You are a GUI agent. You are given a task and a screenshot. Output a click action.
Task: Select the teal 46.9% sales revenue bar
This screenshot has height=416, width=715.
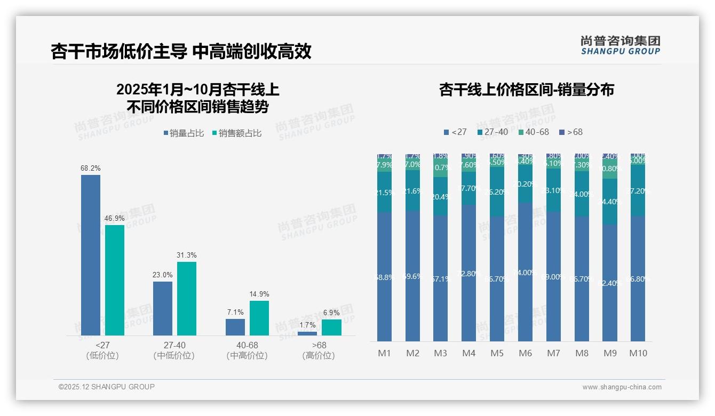(115, 280)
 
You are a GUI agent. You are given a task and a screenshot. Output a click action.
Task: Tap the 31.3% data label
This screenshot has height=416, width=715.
(186, 255)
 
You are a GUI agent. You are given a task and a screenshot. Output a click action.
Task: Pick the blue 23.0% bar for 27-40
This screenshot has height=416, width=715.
(163, 308)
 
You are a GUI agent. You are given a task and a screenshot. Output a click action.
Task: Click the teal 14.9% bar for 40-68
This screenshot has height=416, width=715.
(259, 318)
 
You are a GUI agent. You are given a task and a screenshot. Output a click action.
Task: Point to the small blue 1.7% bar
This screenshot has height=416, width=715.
(307, 333)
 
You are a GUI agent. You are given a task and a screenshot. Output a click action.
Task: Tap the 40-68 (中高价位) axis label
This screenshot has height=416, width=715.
(246, 350)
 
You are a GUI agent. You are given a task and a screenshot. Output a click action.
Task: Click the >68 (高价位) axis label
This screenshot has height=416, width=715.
(319, 350)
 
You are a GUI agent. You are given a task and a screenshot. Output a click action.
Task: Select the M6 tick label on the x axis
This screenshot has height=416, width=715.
(526, 353)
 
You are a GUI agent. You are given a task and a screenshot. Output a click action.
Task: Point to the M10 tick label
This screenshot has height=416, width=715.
(638, 353)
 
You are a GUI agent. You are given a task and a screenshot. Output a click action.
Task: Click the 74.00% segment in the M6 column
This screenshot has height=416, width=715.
(526, 272)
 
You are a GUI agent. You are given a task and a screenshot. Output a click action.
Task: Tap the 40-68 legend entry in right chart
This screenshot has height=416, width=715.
(533, 132)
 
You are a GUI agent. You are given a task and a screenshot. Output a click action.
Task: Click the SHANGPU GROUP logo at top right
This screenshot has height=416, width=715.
(620, 45)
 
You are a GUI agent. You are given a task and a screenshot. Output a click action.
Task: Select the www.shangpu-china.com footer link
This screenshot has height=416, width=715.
(622, 387)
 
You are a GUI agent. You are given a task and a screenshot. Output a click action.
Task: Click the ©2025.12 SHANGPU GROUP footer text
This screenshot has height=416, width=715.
(107, 387)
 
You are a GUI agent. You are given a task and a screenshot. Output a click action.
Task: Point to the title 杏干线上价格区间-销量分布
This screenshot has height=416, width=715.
(526, 90)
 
